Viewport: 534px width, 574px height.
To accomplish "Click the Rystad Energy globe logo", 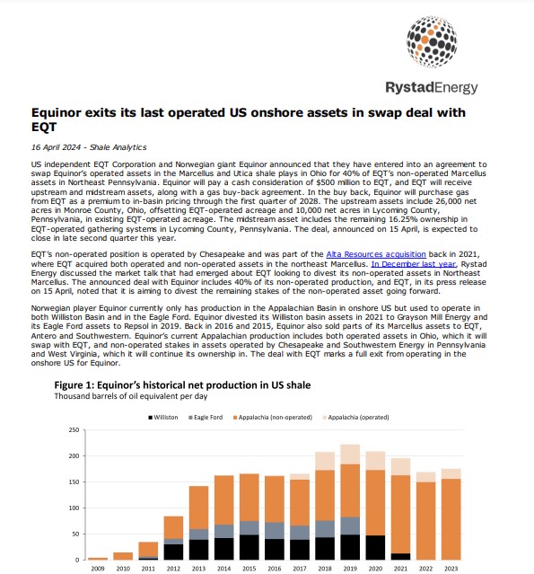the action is click(x=432, y=41).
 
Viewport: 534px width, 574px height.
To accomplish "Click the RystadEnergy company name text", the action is click(x=432, y=87).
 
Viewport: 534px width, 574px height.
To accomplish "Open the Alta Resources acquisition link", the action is click(x=376, y=254).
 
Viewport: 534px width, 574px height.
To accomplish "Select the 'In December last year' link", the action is click(x=414, y=264).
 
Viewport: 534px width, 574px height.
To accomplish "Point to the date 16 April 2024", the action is click(x=56, y=147).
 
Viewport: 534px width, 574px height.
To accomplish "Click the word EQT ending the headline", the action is click(x=44, y=127).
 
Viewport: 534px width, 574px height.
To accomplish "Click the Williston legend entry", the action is click(x=163, y=418).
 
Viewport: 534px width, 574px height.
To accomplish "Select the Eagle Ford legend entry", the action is click(x=206, y=418).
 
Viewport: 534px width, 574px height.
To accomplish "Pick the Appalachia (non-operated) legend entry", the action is click(x=273, y=418).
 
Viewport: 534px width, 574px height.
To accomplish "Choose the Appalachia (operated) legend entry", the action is click(x=356, y=418).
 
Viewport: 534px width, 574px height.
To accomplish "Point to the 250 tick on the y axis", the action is click(x=74, y=429).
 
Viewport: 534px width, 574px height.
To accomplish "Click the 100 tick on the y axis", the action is click(x=74, y=508).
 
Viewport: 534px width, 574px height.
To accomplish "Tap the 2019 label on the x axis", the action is click(x=350, y=569).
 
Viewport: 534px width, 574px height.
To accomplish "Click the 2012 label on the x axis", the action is click(x=173, y=569).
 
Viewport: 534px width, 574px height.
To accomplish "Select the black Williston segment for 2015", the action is click(x=249, y=547).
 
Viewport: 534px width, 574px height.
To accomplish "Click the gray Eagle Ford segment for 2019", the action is click(x=350, y=525).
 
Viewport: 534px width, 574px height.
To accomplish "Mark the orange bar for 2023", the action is click(x=451, y=519).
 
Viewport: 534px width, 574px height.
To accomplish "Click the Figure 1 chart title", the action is click(x=182, y=385).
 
